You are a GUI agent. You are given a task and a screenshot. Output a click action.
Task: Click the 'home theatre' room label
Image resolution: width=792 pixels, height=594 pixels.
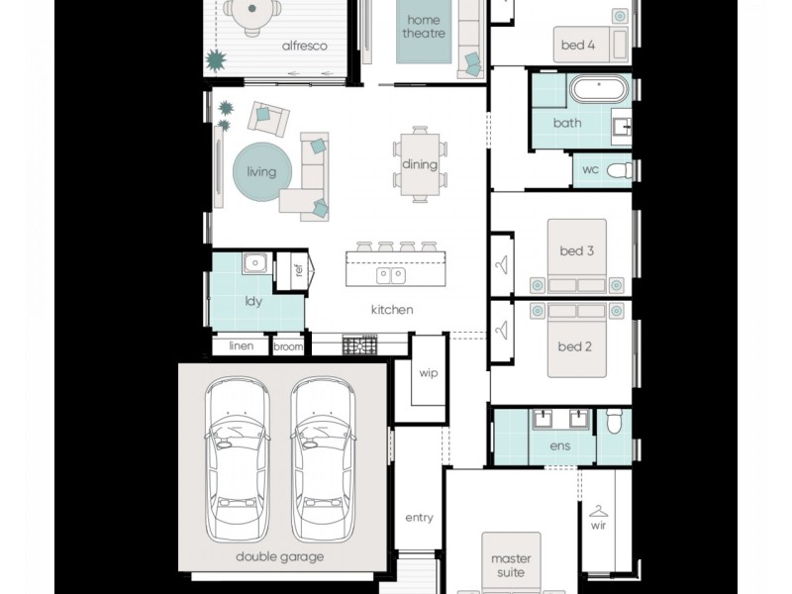tap(423, 27)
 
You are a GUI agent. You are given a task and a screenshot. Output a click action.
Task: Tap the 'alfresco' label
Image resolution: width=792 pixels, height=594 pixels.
tap(304, 46)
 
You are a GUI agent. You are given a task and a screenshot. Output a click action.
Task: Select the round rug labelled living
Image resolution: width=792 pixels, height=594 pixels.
tap(261, 171)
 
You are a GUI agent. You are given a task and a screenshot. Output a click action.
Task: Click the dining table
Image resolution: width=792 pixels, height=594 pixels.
tap(420, 163)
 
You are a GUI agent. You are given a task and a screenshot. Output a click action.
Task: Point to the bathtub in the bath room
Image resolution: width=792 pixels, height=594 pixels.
tap(599, 90)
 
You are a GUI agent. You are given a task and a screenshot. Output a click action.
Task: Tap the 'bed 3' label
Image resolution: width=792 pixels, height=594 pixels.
tap(576, 251)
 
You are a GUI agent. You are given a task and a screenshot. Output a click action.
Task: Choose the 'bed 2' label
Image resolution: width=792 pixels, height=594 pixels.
tap(574, 346)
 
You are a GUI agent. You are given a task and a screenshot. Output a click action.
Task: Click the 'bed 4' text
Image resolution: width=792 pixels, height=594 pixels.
tap(578, 46)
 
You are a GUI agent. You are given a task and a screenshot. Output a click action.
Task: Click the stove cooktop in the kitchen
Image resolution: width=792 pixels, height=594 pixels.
tap(359, 346)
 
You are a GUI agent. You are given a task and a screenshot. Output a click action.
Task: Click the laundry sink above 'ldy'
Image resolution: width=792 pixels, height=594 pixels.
tap(255, 263)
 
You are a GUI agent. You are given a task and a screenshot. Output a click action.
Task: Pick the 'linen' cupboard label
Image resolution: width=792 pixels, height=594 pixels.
tap(242, 346)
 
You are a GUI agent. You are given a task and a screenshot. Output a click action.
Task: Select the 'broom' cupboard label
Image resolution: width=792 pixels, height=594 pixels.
tap(288, 346)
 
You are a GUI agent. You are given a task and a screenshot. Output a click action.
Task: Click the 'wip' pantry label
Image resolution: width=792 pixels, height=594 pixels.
tap(428, 373)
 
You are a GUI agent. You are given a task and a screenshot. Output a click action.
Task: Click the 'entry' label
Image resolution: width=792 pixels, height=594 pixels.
tap(419, 518)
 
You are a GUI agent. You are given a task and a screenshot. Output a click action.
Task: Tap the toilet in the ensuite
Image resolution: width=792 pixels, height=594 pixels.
tap(614, 425)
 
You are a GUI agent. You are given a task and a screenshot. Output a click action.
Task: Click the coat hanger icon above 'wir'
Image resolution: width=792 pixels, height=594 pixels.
tap(598, 511)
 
